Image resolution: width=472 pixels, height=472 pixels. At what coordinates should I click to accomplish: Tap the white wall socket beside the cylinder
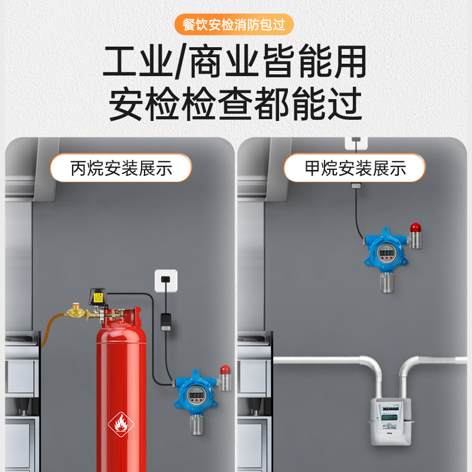pyautogui.click(x=165, y=280)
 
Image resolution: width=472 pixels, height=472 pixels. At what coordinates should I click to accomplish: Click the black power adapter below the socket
pyautogui.click(x=166, y=322)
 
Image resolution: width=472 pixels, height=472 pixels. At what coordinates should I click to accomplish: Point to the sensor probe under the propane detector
pyautogui.click(x=196, y=425)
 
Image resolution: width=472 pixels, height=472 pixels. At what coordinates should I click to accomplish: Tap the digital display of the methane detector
pyautogui.click(x=387, y=253)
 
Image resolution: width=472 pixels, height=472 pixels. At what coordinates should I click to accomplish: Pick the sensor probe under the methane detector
pyautogui.click(x=387, y=283)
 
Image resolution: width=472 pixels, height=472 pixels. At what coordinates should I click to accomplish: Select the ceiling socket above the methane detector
pyautogui.click(x=356, y=142)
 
